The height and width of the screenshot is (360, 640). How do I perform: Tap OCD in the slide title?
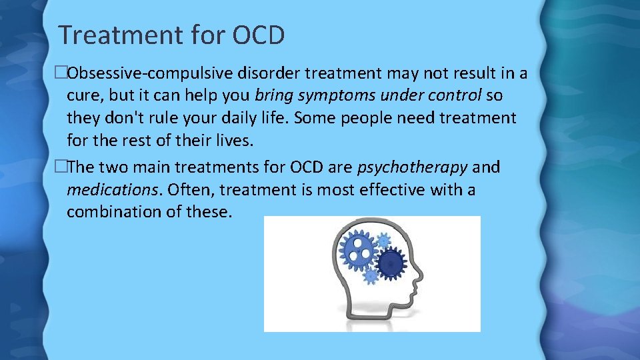tap(259, 35)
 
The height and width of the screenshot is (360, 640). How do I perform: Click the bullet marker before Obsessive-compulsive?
tap(63, 72)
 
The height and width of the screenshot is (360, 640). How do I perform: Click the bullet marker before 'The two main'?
tap(63, 167)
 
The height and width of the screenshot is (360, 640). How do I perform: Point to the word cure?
tap(83, 95)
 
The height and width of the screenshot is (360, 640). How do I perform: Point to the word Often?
tap(190, 190)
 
